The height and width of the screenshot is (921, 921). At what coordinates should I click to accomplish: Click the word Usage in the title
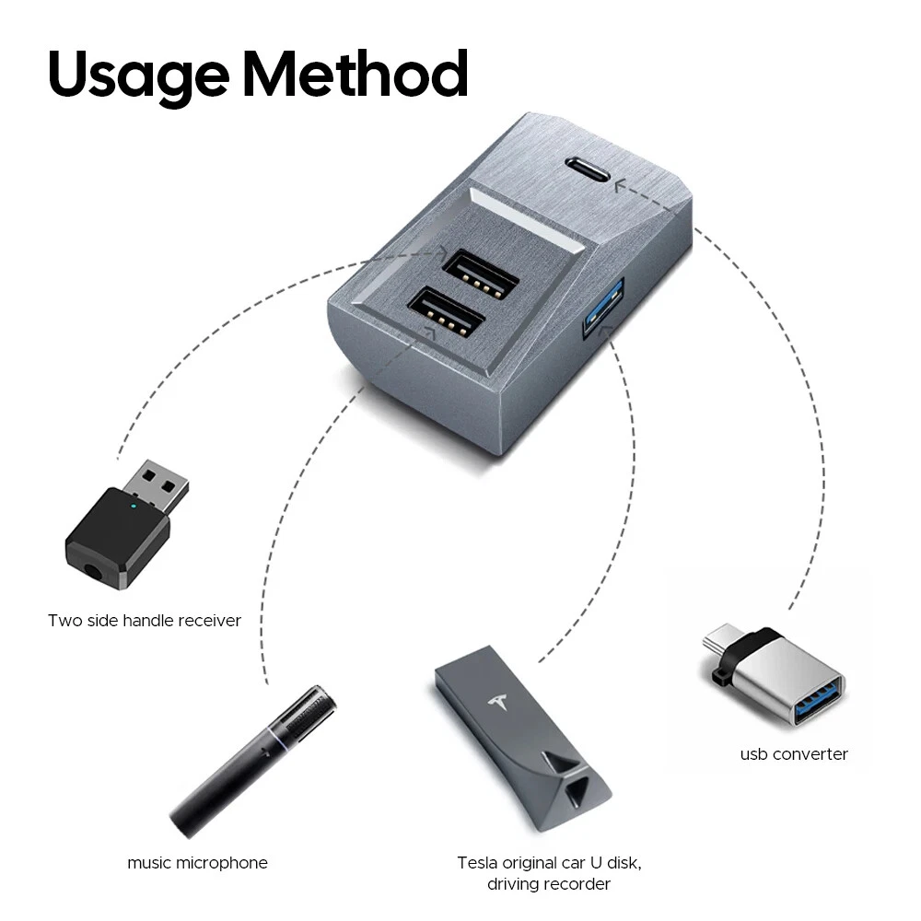pos(139,76)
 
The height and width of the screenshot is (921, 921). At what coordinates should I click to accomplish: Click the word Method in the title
pos(356,73)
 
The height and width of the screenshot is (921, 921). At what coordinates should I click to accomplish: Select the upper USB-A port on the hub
pos(481,274)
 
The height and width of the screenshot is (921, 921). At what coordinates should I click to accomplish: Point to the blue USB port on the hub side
pos(602,309)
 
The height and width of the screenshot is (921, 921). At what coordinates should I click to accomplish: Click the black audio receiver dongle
pos(127,524)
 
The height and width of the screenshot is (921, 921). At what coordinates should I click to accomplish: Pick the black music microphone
pos(253,762)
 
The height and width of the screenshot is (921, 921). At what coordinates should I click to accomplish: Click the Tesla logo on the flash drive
pos(498,703)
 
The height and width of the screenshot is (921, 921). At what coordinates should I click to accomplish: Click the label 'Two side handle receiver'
pos(145,620)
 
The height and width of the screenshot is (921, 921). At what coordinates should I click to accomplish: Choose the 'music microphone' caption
pos(197,863)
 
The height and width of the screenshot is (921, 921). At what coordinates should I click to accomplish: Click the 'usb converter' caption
pos(794,754)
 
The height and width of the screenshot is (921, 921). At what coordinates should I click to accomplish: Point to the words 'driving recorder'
pos(549,884)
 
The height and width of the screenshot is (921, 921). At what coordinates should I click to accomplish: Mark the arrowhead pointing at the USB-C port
pos(620,186)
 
